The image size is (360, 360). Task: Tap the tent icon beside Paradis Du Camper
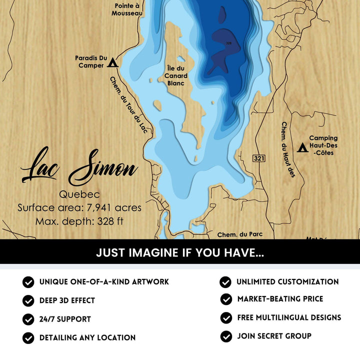[112, 62]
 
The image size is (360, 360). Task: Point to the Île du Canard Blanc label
[177, 76]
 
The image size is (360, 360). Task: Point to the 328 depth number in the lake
[228, 43]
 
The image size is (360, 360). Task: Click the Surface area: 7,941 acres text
[79, 207]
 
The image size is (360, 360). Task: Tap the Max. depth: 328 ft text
[79, 221]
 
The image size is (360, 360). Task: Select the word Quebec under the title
[79, 194]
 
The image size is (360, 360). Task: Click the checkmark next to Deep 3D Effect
[28, 300]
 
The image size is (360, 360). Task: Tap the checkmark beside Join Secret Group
[226, 336]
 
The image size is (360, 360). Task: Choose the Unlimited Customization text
[287, 282]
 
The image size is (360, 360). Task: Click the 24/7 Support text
[65, 319]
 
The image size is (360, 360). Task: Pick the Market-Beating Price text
[280, 299]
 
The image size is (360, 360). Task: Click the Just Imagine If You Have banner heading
[180, 253]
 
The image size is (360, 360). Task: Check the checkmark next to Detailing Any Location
[28, 337]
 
